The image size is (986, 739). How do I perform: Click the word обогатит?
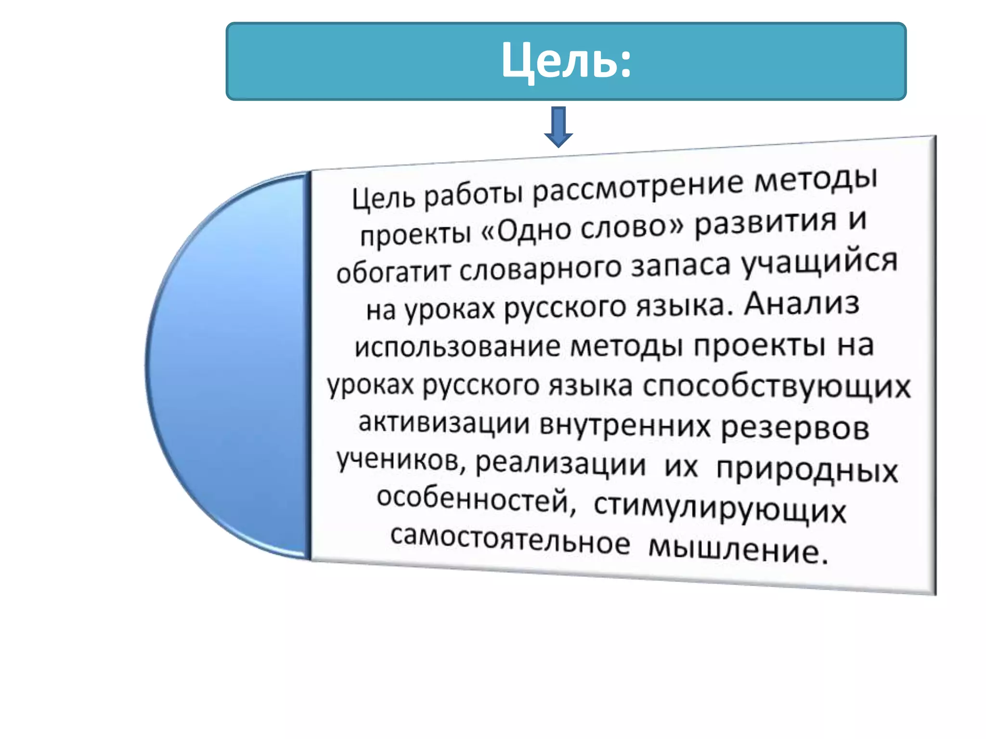[x=392, y=272]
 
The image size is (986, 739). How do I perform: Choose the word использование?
[x=457, y=346]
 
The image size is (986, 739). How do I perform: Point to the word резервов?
[x=795, y=428]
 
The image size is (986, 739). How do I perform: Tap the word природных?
[x=807, y=470]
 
